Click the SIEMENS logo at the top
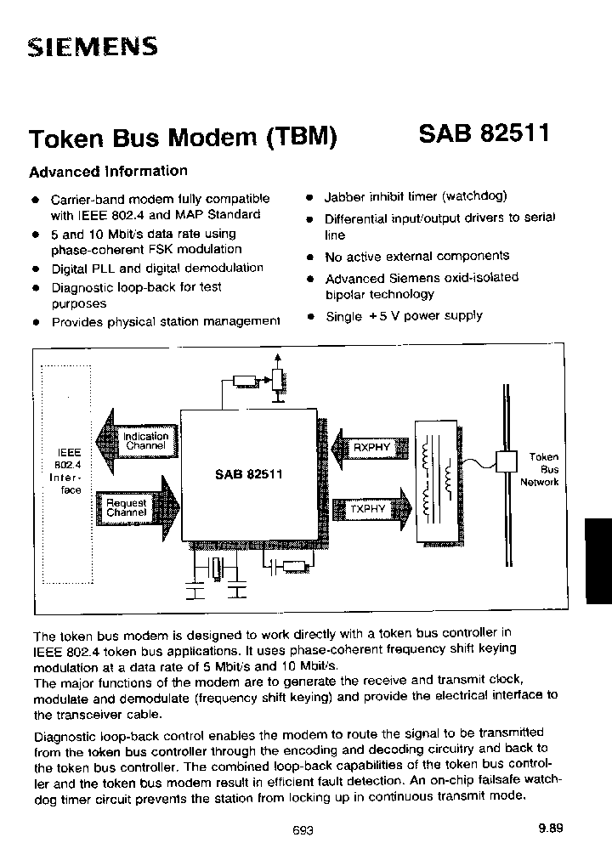pos(93,47)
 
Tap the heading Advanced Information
pos(108,171)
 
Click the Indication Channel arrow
pos(136,440)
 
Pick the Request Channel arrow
pos(136,507)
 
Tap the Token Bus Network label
pos(540,469)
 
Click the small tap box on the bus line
pos(507,459)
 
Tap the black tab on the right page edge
pos(598,553)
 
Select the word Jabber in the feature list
pos(344,195)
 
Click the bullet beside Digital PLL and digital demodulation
pos(36,269)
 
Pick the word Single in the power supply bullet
pos(343,316)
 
